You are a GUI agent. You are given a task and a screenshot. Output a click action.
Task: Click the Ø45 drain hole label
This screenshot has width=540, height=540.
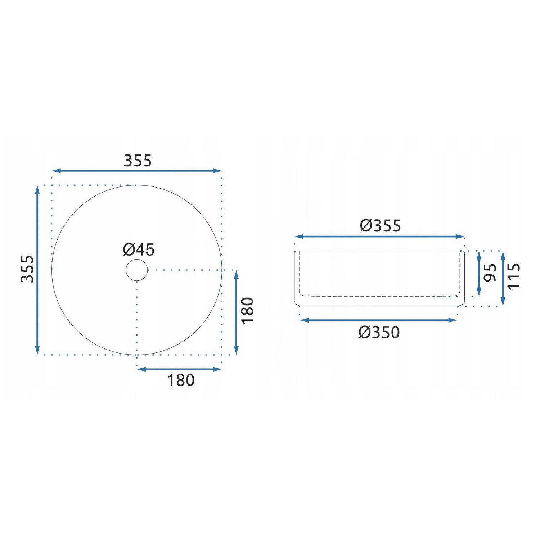139,249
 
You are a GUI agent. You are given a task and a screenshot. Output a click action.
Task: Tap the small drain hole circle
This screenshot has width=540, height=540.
137,270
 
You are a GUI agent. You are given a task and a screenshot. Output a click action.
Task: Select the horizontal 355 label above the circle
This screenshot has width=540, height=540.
138,161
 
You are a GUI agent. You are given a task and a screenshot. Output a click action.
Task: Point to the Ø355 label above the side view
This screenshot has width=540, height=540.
380,226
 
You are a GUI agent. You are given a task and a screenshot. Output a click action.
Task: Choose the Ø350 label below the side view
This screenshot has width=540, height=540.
379,332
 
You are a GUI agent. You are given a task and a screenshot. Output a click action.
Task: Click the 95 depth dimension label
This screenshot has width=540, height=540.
490,273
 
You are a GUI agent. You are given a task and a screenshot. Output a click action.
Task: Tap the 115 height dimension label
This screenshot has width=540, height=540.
514,276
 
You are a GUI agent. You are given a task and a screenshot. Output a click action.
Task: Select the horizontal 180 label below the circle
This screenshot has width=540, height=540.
181,380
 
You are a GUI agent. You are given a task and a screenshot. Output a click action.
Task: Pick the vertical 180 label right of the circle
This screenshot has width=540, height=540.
248,310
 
